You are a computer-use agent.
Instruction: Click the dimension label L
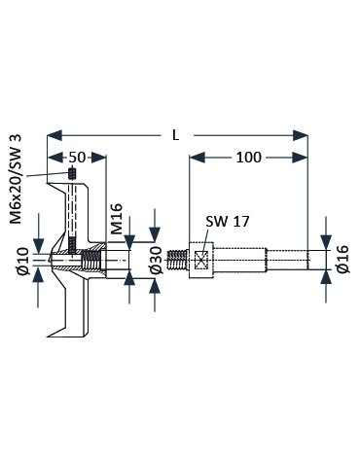[x=175, y=135]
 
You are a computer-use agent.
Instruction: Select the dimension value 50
[x=77, y=158]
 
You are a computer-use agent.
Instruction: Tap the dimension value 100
[x=248, y=158]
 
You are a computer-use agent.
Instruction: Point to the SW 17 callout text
[x=228, y=222]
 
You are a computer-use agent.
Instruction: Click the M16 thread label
[x=116, y=219]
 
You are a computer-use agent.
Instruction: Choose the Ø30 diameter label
[x=157, y=260]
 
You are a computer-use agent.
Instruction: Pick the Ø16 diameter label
[x=342, y=260]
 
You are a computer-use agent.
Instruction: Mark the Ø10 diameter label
[x=23, y=261]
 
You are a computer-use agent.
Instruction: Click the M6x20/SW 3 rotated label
[x=16, y=179]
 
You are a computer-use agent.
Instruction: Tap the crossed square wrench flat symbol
[x=200, y=260]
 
